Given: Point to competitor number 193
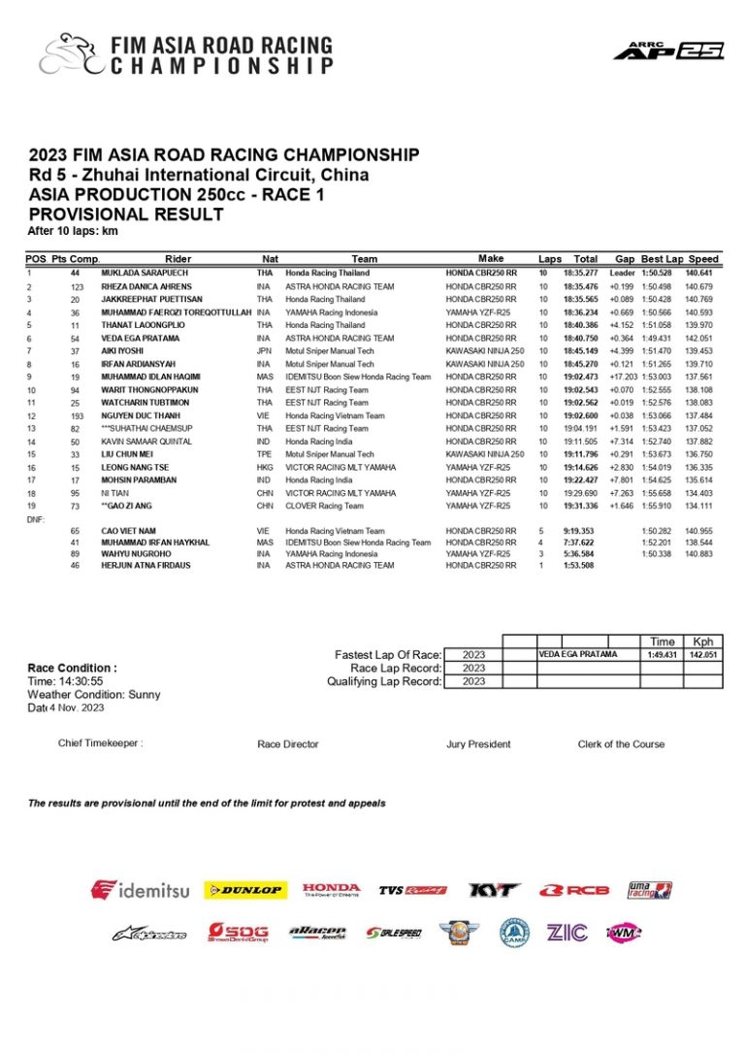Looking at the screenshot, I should pyautogui.click(x=76, y=415).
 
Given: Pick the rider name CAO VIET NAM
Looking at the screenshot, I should pyautogui.click(x=126, y=531).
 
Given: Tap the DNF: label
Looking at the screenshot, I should pyautogui.click(x=36, y=519).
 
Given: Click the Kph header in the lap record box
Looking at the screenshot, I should pyautogui.click(x=702, y=642).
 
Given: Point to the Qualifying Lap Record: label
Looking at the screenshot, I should pyautogui.click(x=384, y=681).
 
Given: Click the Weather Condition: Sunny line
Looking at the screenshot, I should pyautogui.click(x=94, y=695).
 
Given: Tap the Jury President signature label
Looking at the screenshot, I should pyautogui.click(x=478, y=744).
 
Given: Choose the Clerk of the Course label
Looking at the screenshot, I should pyautogui.click(x=621, y=744).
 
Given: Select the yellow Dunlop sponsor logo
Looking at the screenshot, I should pyautogui.click(x=244, y=889).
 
